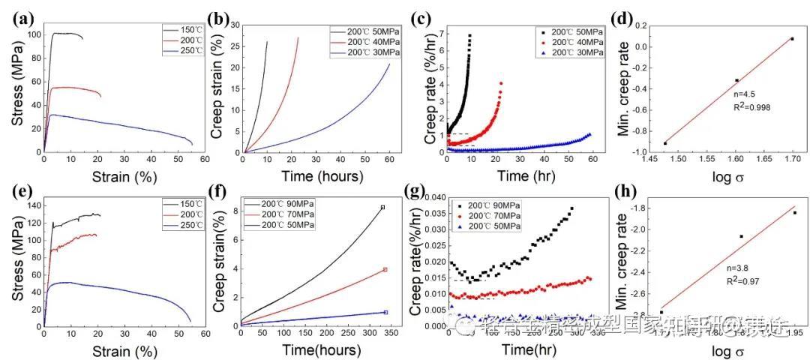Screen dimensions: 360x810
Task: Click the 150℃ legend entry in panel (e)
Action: pos(182,205)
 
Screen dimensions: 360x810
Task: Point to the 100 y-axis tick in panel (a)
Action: pos(31,34)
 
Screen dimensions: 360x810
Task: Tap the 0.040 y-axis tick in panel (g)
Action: pos(430,196)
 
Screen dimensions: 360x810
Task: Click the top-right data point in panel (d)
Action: pos(792,39)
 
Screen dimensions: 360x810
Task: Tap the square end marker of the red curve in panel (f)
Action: pos(385,269)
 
